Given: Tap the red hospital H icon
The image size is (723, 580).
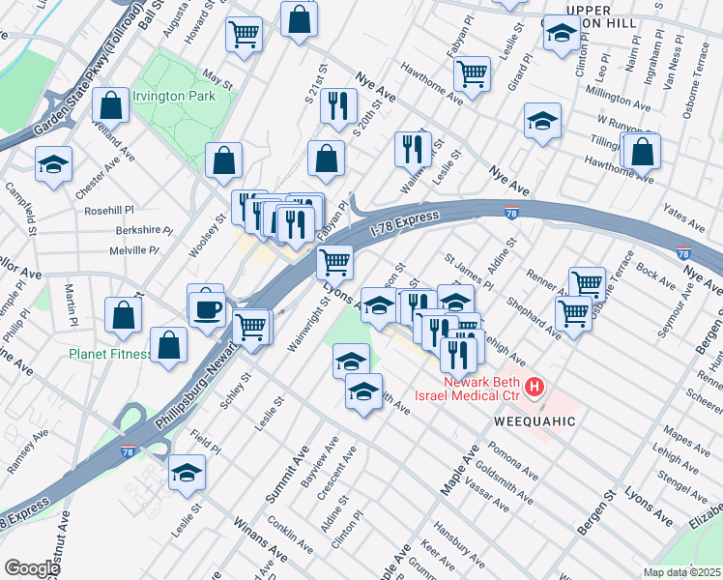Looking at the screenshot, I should pos(535,388).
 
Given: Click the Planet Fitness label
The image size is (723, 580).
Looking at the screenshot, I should pos(109,354).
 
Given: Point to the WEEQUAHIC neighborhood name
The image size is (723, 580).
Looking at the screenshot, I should pos(535,422).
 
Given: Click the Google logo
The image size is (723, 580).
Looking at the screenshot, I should pos(32,568).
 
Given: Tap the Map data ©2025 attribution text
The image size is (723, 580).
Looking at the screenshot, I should pos(681,572).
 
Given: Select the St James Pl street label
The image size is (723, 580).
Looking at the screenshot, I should pos(468,272).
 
